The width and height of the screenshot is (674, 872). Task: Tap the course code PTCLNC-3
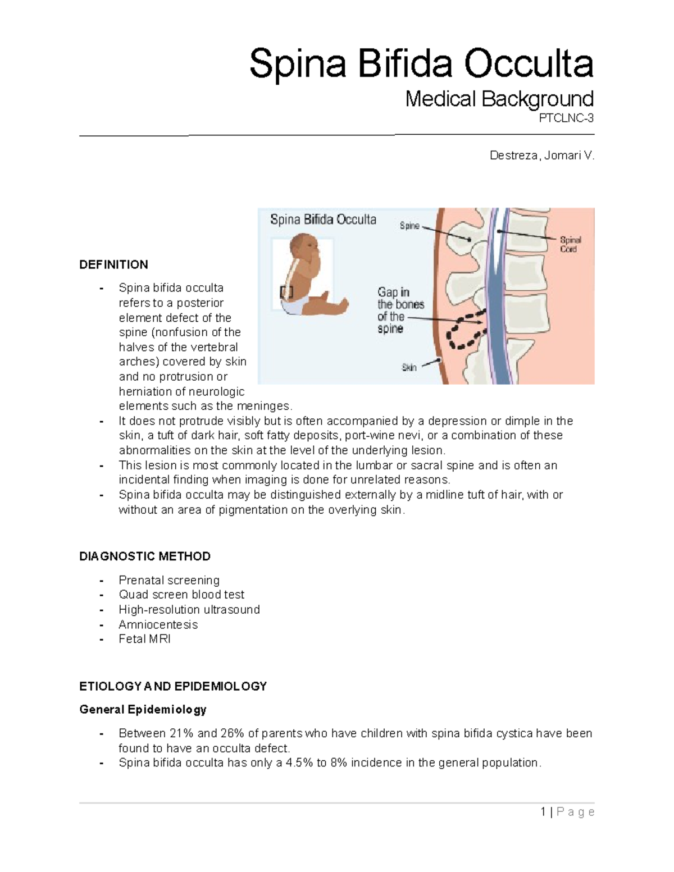tap(566, 118)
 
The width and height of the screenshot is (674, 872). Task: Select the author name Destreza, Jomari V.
tap(541, 156)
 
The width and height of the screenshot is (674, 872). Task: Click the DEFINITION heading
tap(113, 264)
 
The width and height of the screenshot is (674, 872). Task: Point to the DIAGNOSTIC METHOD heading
tap(145, 556)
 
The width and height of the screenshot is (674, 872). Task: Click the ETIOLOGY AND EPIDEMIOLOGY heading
tap(173, 686)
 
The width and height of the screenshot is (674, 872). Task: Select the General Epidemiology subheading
tap(143, 710)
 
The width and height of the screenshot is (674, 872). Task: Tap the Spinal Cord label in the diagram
tap(570, 244)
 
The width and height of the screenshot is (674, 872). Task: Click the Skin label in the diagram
tap(409, 368)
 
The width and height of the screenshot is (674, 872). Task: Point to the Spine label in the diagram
tap(409, 226)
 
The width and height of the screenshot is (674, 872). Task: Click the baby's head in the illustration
tap(303, 247)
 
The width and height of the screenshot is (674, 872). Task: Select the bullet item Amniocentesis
tap(158, 624)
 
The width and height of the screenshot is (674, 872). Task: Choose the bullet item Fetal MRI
tap(144, 639)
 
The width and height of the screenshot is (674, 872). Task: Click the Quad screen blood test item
tap(181, 595)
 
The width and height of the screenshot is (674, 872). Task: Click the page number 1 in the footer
tap(543, 812)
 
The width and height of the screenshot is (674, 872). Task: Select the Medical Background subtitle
tap(499, 99)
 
